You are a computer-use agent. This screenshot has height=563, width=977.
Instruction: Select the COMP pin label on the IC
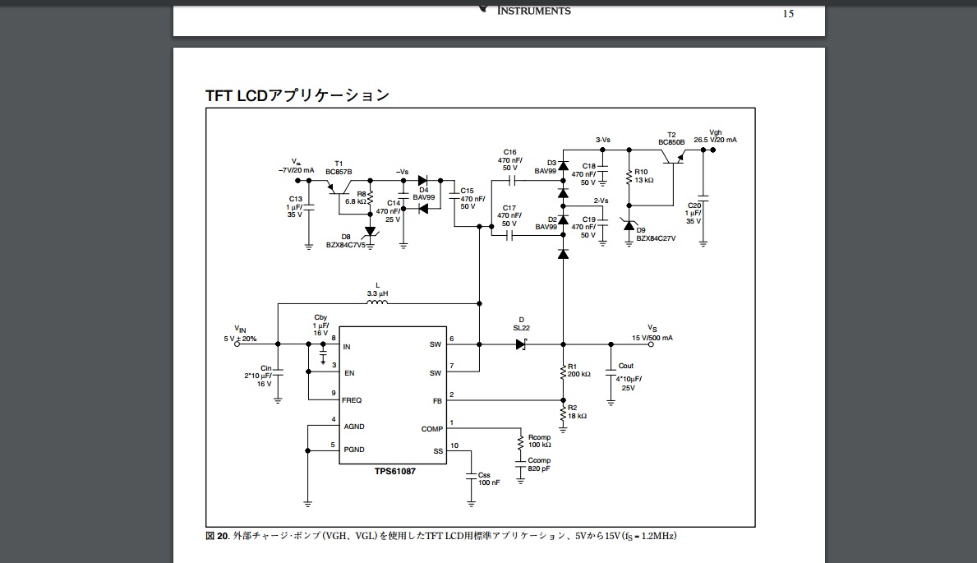(431, 429)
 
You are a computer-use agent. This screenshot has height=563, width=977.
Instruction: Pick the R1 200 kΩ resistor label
(578, 370)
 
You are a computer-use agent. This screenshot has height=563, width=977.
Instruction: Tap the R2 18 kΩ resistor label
(577, 412)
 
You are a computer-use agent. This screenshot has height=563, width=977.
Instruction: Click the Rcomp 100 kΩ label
(540, 441)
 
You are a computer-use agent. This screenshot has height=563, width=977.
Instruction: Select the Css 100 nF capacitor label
(488, 478)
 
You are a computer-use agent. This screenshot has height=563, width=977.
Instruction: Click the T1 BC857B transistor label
(339, 168)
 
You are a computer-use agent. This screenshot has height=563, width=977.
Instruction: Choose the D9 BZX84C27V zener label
(655, 234)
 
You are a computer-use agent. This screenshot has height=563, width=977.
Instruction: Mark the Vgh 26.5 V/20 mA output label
(715, 136)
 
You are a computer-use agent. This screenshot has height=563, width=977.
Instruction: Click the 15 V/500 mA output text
(652, 338)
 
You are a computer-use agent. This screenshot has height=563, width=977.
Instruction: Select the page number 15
(788, 13)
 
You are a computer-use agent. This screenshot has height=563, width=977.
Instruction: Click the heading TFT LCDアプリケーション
(297, 95)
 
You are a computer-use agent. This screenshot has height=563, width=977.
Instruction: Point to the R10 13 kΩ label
(643, 176)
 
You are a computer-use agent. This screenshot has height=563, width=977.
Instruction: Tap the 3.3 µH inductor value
(378, 293)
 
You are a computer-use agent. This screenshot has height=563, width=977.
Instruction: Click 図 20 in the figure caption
(217, 536)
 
